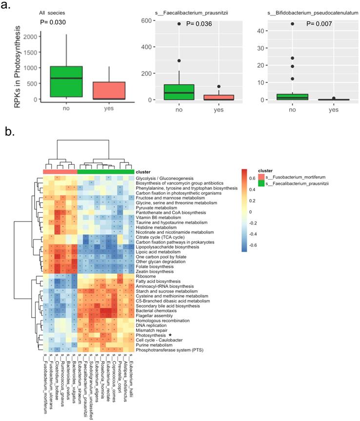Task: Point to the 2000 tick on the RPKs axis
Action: point(29,37)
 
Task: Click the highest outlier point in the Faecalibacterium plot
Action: point(179,23)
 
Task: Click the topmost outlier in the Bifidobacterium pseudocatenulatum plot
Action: point(293,23)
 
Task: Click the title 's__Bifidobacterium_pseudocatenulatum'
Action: point(302,11)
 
